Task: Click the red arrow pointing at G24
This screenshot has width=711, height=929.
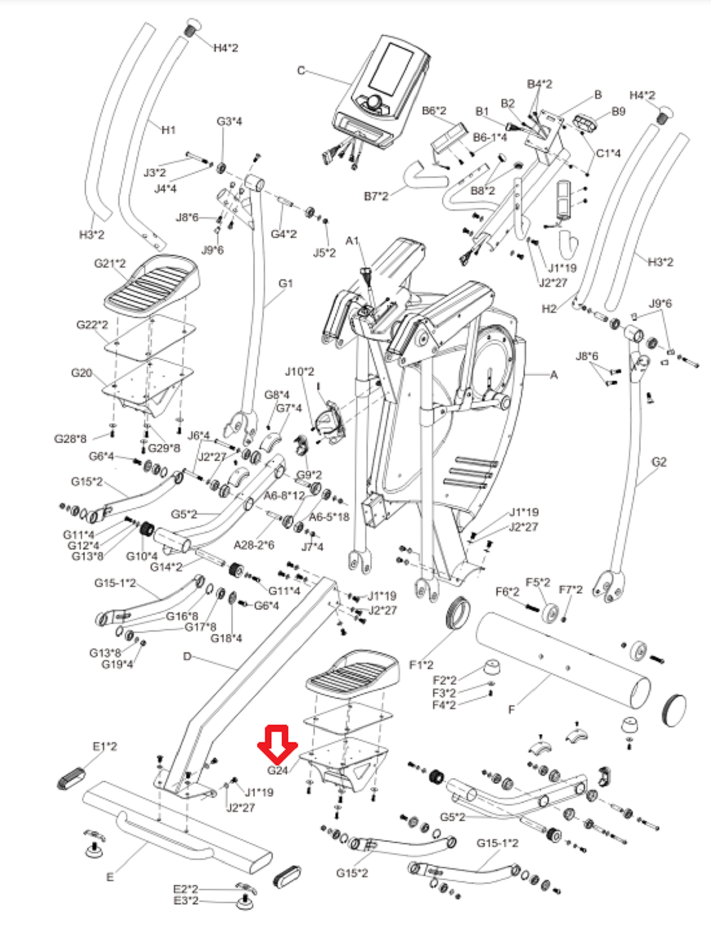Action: point(277,744)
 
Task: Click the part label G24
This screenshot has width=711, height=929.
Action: point(277,770)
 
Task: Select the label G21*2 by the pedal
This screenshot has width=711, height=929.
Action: point(110,263)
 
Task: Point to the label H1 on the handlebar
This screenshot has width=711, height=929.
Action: point(168,130)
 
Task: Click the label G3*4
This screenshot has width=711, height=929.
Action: point(229,122)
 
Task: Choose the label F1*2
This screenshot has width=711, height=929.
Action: point(421,665)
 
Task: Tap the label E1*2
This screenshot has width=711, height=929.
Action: point(105,746)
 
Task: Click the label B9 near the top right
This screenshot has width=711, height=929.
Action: point(618,111)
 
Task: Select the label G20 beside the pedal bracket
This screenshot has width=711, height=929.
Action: point(81,373)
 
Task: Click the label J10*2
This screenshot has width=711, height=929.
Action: point(299,372)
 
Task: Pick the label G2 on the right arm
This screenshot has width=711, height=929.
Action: point(659,462)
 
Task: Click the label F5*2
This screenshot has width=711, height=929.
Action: point(538,582)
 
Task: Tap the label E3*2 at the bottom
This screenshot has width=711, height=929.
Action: point(186,901)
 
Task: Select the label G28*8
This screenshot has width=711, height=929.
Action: point(70,439)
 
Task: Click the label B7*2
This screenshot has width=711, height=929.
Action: point(376,196)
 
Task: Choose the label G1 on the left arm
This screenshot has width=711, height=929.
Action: point(285,283)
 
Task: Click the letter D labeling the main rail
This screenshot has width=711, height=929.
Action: point(187,656)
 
